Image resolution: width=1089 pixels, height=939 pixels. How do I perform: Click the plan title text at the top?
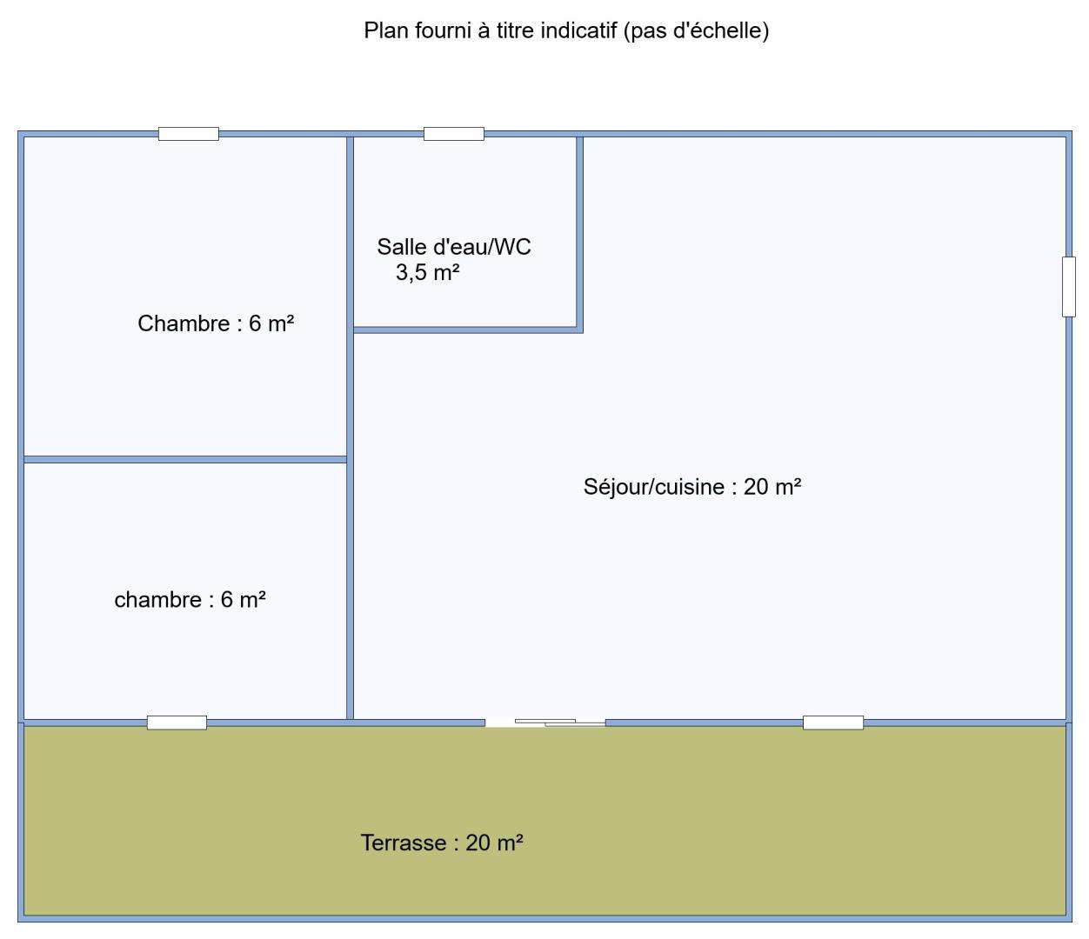click(x=566, y=31)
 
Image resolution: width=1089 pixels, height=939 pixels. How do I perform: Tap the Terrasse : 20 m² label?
click(x=442, y=842)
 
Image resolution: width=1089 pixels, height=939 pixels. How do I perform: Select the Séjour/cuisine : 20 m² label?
click(x=691, y=487)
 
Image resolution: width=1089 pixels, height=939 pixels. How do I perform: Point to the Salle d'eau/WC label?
click(x=454, y=247)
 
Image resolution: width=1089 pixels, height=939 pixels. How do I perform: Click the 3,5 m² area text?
click(x=427, y=273)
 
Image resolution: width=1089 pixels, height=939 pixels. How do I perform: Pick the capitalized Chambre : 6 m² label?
click(x=216, y=323)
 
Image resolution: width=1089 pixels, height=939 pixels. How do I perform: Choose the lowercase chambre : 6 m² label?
click(x=190, y=599)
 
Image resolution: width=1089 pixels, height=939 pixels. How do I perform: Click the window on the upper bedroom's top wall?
click(x=189, y=134)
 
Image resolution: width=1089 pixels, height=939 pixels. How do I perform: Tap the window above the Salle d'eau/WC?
click(x=454, y=134)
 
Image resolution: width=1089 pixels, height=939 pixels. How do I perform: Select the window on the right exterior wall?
click(x=1068, y=287)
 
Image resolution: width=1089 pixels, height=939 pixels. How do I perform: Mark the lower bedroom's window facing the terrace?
click(x=177, y=723)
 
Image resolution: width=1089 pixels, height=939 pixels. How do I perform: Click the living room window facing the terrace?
click(x=833, y=723)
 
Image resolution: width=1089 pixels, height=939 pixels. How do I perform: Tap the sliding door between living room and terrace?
click(x=545, y=723)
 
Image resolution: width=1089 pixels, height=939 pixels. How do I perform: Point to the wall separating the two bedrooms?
click(x=185, y=460)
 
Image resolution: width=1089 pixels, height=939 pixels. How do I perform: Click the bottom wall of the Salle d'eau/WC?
click(x=468, y=330)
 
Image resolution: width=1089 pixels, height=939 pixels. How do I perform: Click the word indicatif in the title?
click(x=578, y=30)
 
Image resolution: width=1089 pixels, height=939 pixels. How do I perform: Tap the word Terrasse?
click(x=404, y=842)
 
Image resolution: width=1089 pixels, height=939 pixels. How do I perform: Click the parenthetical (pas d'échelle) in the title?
click(x=696, y=31)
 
